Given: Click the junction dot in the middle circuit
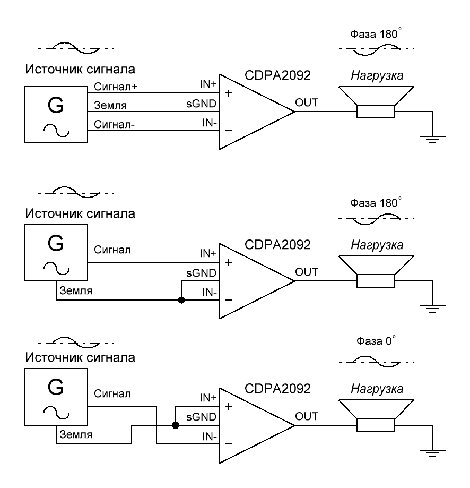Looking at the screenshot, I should [x=181, y=300].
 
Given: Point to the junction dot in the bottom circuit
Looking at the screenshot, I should [x=175, y=425].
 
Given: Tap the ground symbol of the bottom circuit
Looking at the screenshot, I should [x=433, y=452].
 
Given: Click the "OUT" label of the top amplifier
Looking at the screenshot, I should [x=307, y=102].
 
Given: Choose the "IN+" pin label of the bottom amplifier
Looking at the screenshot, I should [x=207, y=398].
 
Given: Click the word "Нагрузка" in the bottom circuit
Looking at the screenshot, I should [x=377, y=389].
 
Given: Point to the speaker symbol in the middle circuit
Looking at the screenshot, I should [x=376, y=271].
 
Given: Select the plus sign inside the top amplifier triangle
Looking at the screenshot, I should [x=230, y=93].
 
